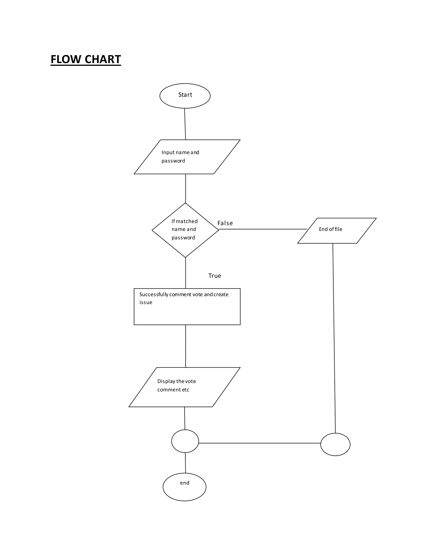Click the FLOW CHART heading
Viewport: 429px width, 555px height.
tap(86, 59)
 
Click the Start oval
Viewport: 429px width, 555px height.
tap(185, 96)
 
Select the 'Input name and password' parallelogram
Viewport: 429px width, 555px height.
tap(187, 157)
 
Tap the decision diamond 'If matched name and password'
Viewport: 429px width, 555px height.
tap(185, 230)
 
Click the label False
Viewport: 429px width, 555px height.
tap(225, 223)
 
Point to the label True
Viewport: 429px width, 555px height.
tap(214, 276)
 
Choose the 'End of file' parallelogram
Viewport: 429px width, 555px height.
tap(337, 231)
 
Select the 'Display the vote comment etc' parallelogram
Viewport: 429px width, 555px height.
tap(185, 387)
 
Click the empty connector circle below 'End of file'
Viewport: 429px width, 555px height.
tap(335, 444)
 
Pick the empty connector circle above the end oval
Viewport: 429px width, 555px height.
tap(185, 441)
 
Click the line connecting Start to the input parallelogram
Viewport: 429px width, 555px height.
tap(185, 124)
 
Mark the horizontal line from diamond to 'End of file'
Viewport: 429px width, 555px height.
tap(263, 229)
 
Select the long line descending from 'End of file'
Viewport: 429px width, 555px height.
tap(334, 338)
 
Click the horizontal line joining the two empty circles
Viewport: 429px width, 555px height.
tap(259, 443)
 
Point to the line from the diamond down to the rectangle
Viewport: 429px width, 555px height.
tap(186, 273)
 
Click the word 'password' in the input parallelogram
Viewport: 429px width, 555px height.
tap(173, 161)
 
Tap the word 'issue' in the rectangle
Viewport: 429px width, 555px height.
tap(146, 302)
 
